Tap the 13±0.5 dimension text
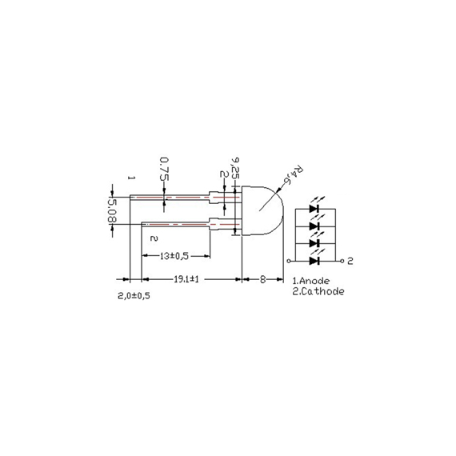click(x=174, y=256)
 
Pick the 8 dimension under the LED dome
click(x=262, y=280)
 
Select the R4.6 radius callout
click(x=296, y=174)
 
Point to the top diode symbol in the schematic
click(x=315, y=209)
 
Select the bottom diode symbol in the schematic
click(x=315, y=260)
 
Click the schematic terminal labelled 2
click(x=350, y=260)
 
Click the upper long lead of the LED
click(x=168, y=196)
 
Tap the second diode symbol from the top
click(x=315, y=226)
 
